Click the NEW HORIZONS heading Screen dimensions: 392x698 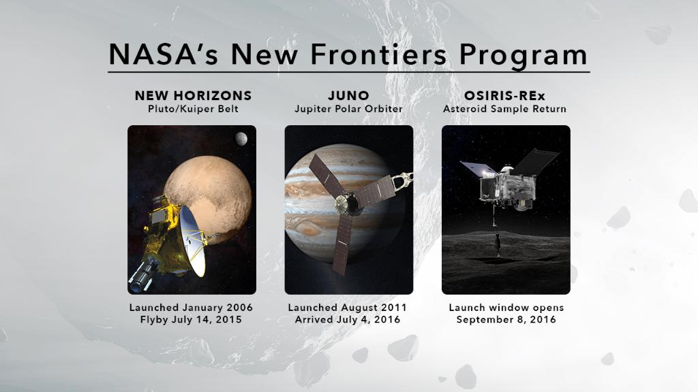193,95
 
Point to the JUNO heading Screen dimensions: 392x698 348,95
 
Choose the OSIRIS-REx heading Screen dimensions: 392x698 505,95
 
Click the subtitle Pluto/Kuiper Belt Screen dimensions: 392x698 193,109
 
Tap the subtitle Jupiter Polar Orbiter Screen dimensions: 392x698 348,109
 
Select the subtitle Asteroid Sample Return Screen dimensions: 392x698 505,109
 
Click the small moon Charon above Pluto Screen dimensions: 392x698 241,140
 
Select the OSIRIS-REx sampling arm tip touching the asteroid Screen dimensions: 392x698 498,252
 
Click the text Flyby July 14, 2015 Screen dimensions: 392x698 193,320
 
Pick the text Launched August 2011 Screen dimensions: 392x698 348,308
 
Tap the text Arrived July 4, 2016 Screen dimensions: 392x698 348,320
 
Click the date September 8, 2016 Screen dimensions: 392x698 505,320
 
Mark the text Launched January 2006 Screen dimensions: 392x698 193,308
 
